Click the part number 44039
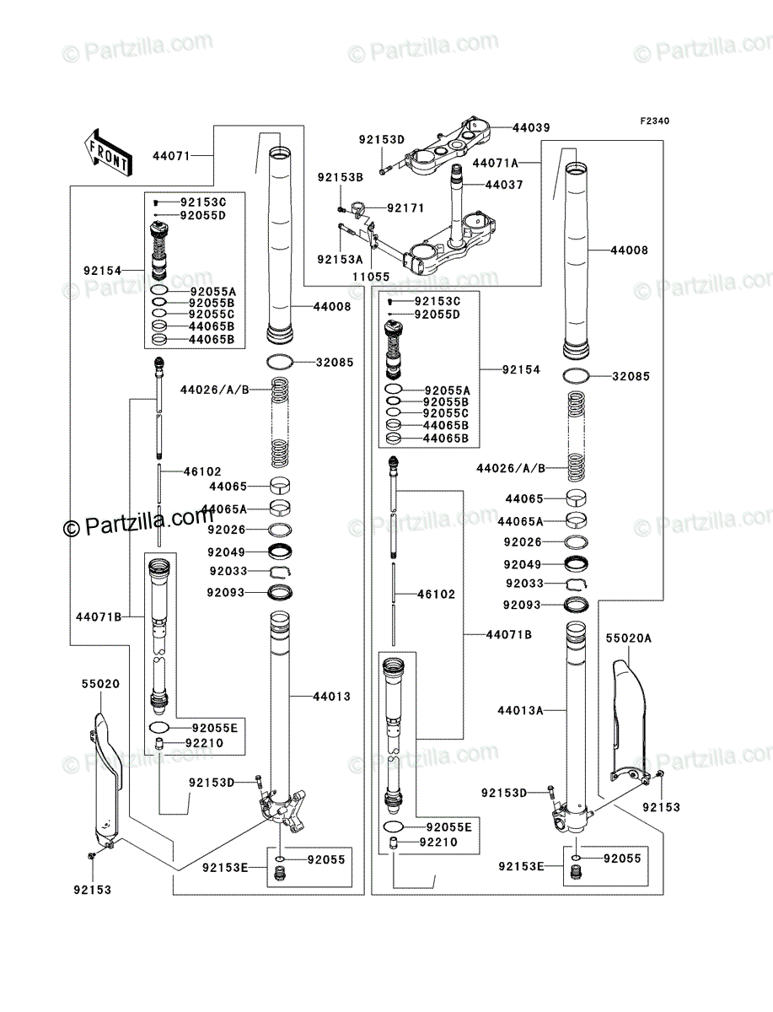coord(531,127)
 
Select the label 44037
coord(504,185)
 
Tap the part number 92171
coord(405,207)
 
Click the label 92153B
coord(340,177)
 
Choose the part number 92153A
coord(340,259)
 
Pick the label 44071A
coord(495,162)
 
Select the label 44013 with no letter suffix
coord(331,697)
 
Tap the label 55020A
coord(629,638)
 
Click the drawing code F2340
coord(654,121)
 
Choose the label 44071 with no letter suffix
coord(171,156)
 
